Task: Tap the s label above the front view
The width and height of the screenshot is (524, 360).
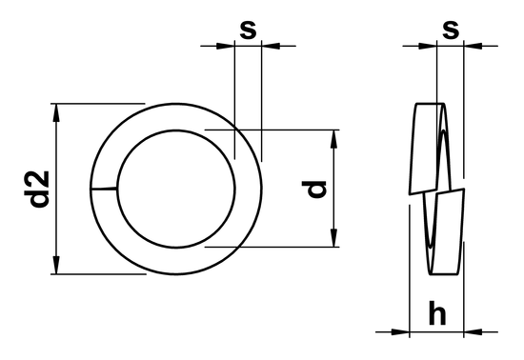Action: click(248, 30)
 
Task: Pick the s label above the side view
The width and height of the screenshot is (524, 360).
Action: click(451, 30)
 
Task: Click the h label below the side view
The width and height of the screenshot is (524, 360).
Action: click(437, 313)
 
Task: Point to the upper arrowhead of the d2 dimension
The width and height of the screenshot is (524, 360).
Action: click(59, 113)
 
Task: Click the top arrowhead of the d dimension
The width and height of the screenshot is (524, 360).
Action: click(333, 140)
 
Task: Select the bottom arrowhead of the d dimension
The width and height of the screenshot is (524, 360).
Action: click(333, 237)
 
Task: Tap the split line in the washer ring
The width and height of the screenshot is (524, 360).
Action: click(105, 190)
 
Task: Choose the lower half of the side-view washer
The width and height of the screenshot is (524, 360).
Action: click(446, 233)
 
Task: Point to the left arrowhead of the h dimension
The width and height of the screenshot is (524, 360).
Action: click(401, 331)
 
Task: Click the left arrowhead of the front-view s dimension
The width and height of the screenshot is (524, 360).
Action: click(227, 45)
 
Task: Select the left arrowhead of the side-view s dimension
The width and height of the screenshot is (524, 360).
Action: click(429, 45)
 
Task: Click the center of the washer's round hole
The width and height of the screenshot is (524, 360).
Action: click(176, 189)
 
